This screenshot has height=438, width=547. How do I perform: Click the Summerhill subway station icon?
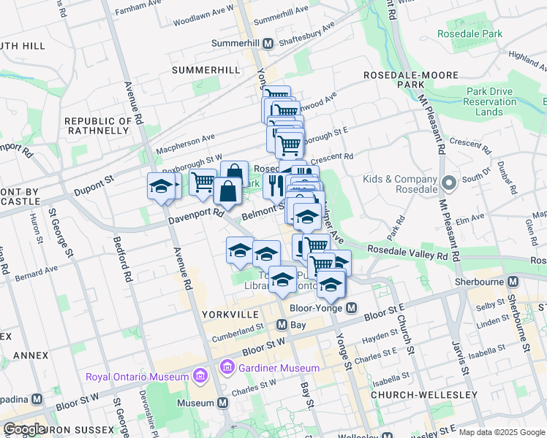(x=268, y=44)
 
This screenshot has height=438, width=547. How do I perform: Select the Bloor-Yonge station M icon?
(x=352, y=308)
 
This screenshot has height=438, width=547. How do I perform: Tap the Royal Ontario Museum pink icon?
(x=200, y=377)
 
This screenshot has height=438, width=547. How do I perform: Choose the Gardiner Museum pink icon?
(x=227, y=368)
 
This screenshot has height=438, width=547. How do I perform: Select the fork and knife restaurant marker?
(x=276, y=185)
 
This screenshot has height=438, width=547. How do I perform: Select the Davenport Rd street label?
(x=195, y=215)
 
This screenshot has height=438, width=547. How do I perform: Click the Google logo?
(x=25, y=429)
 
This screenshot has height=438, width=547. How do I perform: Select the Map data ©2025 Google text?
(x=501, y=432)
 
